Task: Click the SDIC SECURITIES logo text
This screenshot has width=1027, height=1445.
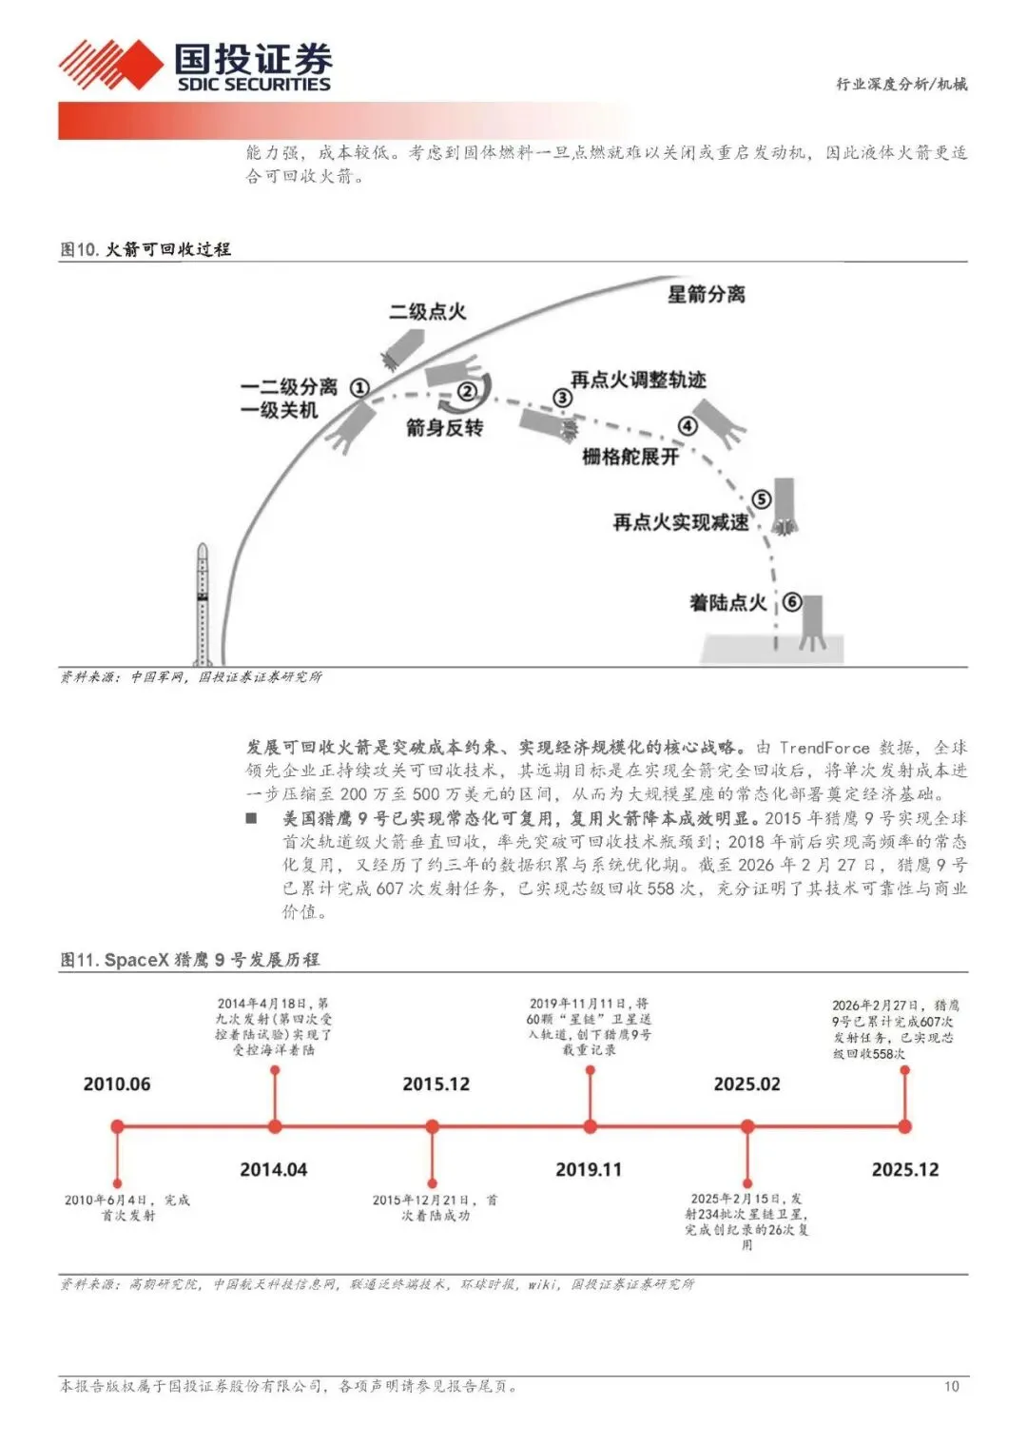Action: pos(254,84)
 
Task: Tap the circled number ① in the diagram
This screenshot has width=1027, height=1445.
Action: pos(359,387)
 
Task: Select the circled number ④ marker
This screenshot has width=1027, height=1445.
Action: pos(687,426)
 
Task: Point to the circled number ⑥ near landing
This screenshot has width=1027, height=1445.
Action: pos(791,601)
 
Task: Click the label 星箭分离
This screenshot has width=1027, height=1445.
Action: pos(706,294)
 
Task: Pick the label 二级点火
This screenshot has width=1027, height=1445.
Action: pos(427,311)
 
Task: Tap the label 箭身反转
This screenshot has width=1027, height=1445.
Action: pos(444,427)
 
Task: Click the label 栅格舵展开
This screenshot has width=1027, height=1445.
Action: pos(630,457)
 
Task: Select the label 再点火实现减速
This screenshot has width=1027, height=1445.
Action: pos(680,522)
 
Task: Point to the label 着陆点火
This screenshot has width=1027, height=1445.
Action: pos(727,602)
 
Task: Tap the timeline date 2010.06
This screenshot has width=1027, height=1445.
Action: pos(117,1084)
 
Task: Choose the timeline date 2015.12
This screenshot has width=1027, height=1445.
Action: pos(436,1084)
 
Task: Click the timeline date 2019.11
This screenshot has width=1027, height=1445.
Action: pos(589,1169)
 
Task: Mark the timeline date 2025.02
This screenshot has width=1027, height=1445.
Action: pos(746,1084)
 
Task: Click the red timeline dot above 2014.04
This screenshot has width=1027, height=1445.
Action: pos(275,1126)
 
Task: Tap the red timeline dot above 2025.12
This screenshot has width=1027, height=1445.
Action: pos(904,1126)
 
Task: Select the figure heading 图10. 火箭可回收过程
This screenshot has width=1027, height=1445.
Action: pos(145,249)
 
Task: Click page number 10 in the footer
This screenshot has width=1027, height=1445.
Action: pos(951,1386)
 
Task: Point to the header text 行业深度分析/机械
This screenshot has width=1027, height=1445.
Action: pos(901,84)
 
